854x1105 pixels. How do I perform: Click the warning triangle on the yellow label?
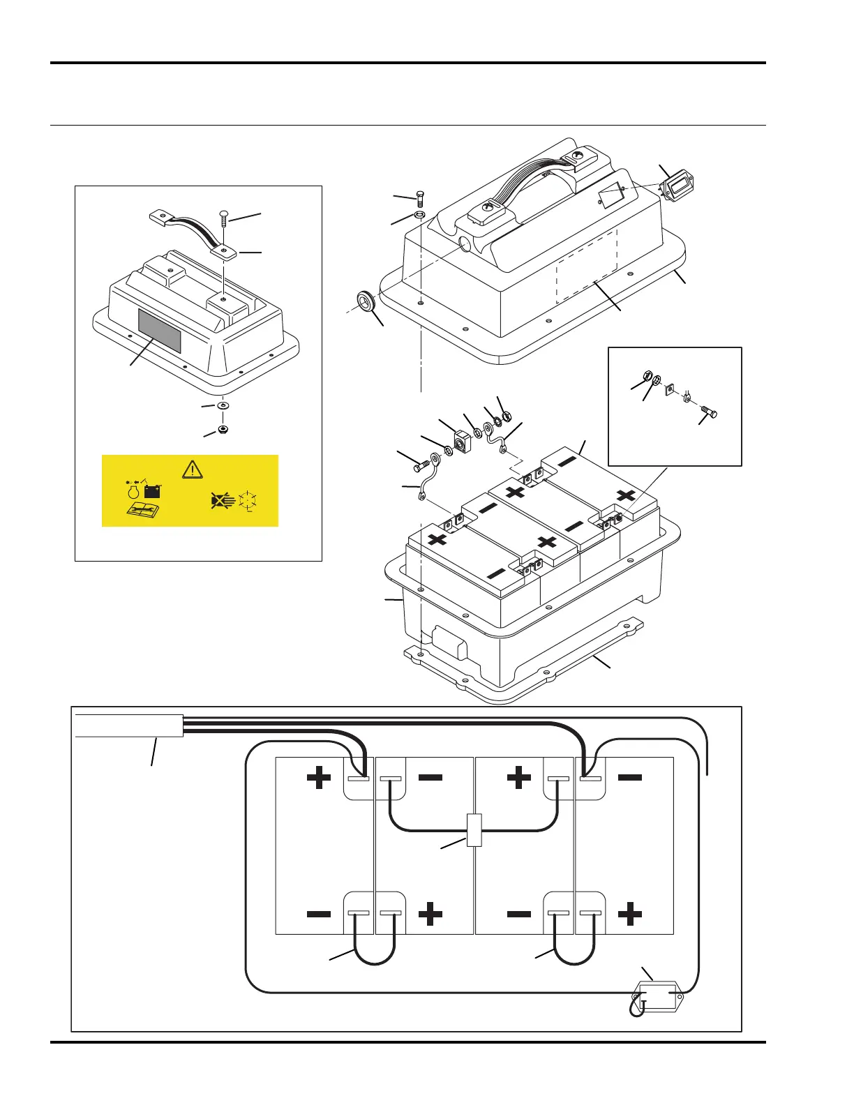tap(192, 469)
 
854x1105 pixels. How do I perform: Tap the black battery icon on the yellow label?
tap(152, 490)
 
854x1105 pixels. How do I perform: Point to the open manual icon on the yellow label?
tap(145, 511)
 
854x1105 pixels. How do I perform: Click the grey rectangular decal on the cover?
tap(160, 331)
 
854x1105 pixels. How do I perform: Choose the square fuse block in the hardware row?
tap(462, 442)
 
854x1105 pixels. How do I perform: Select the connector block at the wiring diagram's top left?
tap(128, 726)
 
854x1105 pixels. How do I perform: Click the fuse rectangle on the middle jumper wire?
tap(474, 830)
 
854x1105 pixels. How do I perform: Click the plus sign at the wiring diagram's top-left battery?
tap(319, 777)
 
